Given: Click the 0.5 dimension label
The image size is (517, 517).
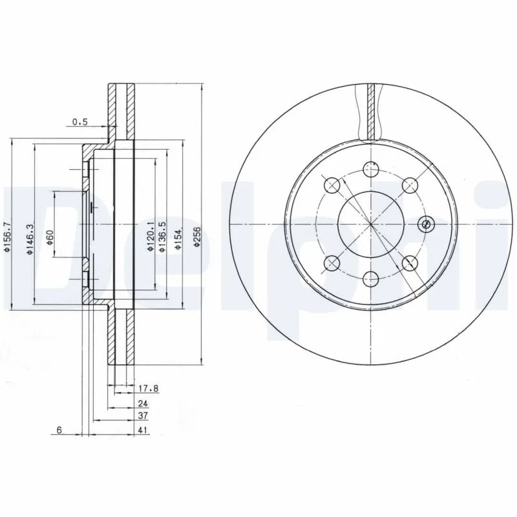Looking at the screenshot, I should click(x=79, y=121).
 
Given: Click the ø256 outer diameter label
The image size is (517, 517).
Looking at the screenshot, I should click(x=196, y=237).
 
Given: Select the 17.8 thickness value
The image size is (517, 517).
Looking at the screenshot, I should click(x=148, y=388).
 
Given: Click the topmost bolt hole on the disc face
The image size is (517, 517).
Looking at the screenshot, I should click(x=370, y=169).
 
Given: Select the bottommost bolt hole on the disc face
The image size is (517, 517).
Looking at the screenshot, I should click(x=370, y=279).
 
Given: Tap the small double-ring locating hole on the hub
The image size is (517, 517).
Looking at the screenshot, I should click(x=425, y=224).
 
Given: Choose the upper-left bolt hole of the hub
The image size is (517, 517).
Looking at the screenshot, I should click(x=332, y=185).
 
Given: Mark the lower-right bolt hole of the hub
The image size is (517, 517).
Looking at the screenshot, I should click(x=408, y=262).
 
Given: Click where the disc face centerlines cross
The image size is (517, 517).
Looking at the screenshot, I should click(x=370, y=224).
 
